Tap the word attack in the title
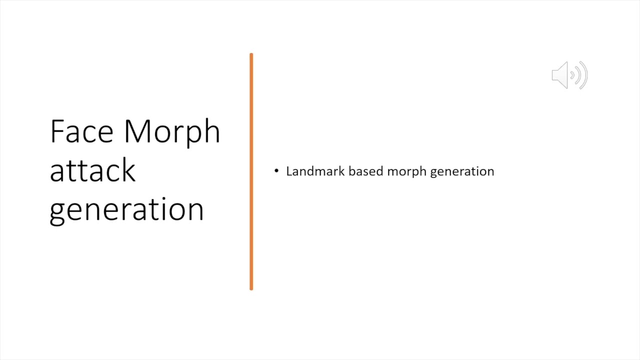(x=92, y=170)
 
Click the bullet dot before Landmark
(x=276, y=171)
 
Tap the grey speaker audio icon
(x=569, y=75)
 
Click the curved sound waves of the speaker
(x=580, y=75)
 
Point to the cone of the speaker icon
(x=560, y=75)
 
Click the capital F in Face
(x=57, y=131)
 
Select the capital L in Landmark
(x=289, y=171)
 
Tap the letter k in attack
(x=129, y=169)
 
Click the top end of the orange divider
(x=251, y=54)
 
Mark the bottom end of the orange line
(x=251, y=288)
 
